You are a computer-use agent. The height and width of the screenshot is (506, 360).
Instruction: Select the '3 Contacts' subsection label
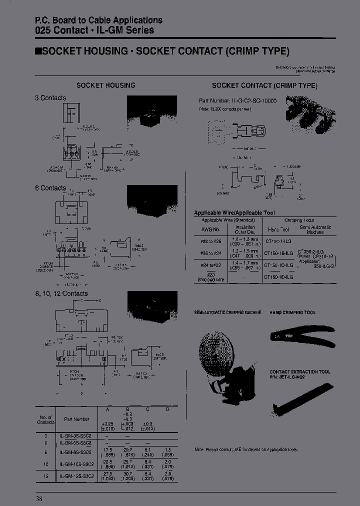(x=50, y=98)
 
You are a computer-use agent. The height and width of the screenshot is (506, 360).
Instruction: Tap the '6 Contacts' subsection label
(x=50, y=188)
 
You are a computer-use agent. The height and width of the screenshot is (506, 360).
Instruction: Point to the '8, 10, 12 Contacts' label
(x=61, y=293)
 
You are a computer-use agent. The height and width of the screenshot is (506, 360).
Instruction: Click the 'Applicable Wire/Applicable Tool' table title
(x=234, y=213)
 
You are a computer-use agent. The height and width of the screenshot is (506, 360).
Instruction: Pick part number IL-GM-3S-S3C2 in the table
(x=75, y=435)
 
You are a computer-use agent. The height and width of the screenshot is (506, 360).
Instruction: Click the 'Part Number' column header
(x=76, y=419)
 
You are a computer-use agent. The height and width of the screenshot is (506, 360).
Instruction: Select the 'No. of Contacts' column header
(x=46, y=419)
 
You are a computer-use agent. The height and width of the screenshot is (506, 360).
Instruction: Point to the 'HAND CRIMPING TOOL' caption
(x=293, y=312)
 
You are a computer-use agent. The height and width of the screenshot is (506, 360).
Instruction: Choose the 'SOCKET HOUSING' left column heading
(x=105, y=85)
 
